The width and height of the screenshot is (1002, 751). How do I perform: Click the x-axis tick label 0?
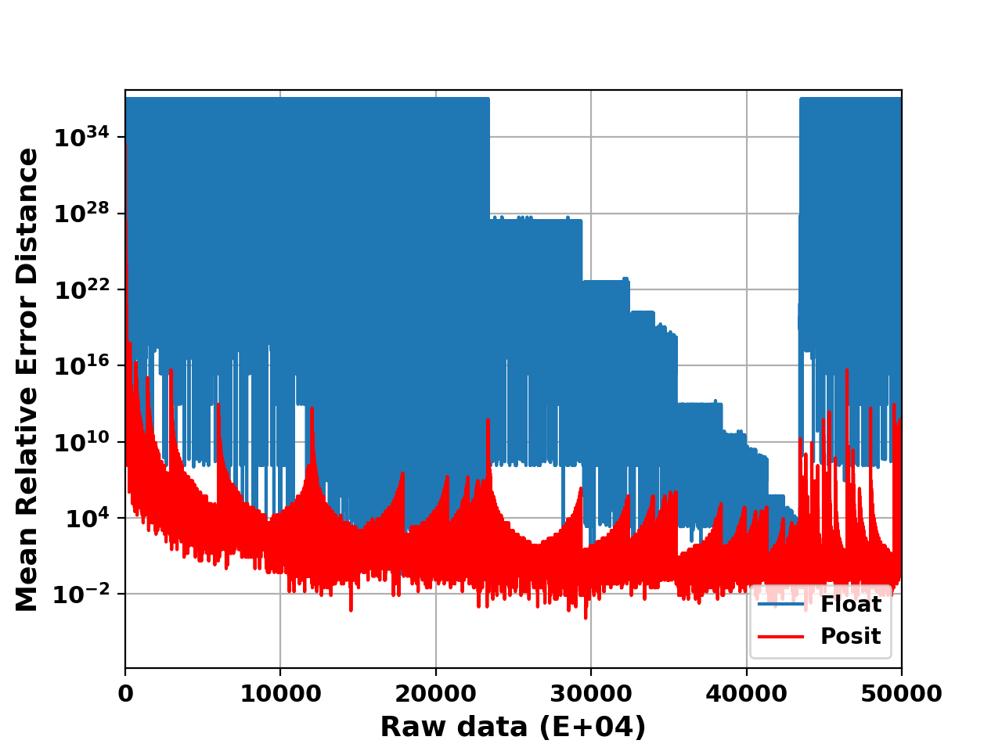125,693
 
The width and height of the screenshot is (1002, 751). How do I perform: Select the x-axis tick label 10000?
280,693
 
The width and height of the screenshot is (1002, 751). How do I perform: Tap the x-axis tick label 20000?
435,693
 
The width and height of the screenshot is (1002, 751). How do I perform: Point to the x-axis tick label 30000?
590,693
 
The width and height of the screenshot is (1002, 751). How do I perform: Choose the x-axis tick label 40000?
746,693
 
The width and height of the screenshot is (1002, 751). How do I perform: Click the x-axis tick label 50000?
901,693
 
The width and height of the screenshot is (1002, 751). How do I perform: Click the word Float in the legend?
850,605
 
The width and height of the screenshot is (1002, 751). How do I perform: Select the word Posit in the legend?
850,637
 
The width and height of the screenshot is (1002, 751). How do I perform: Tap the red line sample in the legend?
780,637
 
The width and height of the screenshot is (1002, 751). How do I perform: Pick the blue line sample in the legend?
780,605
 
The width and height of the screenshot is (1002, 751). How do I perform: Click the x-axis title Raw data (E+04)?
513,727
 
